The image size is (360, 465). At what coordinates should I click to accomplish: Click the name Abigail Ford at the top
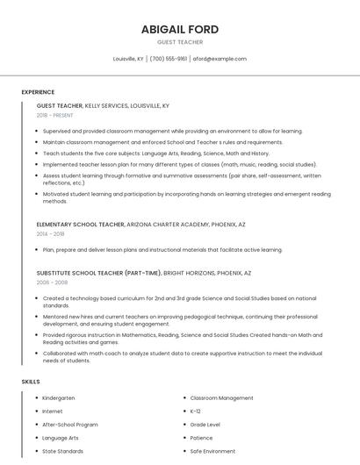(x=180, y=29)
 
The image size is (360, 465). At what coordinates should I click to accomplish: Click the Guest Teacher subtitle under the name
(x=180, y=42)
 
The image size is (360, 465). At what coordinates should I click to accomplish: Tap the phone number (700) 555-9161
(x=169, y=59)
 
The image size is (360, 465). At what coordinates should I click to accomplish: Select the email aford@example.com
(x=220, y=59)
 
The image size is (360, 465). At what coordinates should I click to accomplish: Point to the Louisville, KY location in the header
(x=128, y=59)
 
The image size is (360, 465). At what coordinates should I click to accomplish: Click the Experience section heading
(x=38, y=92)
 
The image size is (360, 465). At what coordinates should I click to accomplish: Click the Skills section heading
(x=30, y=382)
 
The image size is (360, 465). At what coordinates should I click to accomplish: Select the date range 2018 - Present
(x=54, y=115)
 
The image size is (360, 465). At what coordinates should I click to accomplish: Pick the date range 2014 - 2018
(x=50, y=234)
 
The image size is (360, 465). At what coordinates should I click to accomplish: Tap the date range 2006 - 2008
(x=50, y=283)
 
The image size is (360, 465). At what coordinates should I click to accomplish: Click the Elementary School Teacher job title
(x=80, y=225)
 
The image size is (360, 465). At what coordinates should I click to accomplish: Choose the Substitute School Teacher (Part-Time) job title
(x=98, y=273)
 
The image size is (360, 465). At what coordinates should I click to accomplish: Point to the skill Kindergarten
(x=60, y=398)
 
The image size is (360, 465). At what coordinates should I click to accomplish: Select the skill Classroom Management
(x=221, y=398)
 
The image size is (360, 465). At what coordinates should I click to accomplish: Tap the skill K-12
(x=196, y=411)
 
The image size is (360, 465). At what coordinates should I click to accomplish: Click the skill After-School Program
(x=70, y=425)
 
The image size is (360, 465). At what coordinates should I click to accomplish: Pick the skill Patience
(x=201, y=438)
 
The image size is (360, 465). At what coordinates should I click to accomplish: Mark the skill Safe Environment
(x=212, y=451)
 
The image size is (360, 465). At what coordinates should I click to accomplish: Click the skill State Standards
(x=63, y=451)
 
